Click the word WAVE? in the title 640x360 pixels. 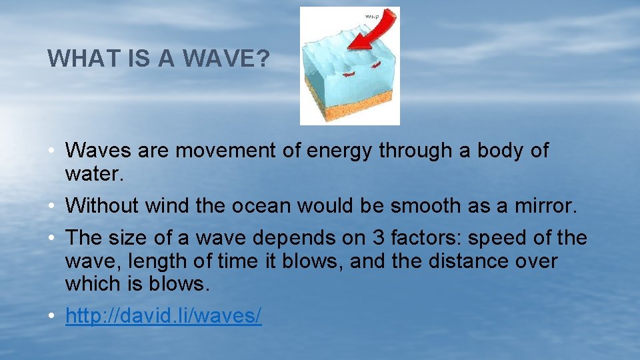coord(227,59)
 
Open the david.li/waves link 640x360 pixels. coord(163,316)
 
